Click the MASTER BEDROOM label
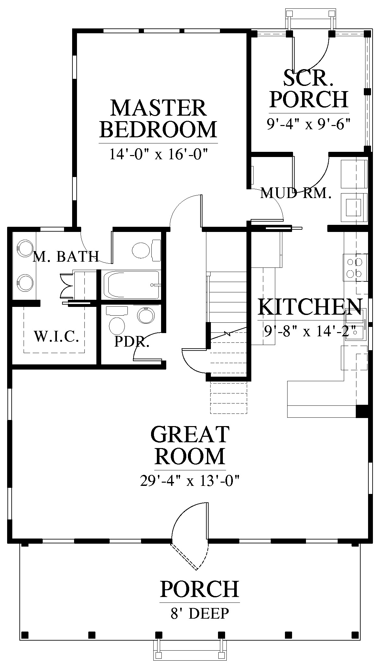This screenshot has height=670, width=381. [x=158, y=118]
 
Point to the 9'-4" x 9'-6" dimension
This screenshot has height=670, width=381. [x=309, y=124]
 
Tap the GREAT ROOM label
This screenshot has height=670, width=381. [x=190, y=445]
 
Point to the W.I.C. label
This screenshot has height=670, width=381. [x=57, y=337]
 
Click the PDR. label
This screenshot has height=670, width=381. [x=132, y=342]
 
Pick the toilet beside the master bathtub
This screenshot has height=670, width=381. [x=147, y=250]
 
